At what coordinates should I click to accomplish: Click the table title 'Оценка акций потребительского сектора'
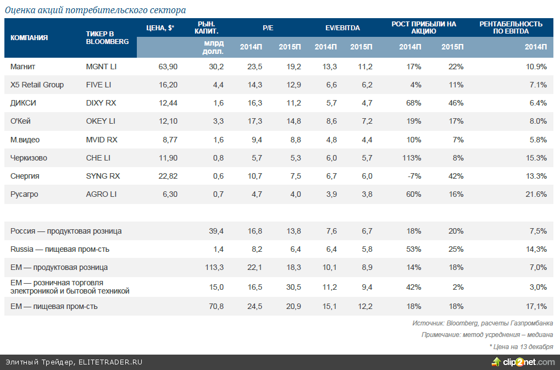(95, 10)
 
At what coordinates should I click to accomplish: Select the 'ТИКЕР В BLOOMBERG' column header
(107, 37)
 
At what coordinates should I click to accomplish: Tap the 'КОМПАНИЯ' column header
(29, 37)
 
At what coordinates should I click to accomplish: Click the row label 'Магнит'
(23, 67)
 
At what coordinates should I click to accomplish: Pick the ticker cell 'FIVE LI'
(98, 85)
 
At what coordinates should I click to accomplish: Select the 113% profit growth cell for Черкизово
(412, 158)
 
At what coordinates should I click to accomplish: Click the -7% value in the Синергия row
(414, 176)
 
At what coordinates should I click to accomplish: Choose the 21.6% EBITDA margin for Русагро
(536, 194)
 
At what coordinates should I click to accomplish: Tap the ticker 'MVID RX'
(102, 140)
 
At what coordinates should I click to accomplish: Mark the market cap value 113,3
(214, 267)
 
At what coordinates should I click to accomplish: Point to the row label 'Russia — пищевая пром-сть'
(60, 249)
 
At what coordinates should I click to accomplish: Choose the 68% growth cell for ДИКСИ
(413, 103)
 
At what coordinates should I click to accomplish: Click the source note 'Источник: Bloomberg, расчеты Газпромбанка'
(483, 323)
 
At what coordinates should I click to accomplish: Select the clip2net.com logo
(524, 362)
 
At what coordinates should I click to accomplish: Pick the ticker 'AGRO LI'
(101, 194)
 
